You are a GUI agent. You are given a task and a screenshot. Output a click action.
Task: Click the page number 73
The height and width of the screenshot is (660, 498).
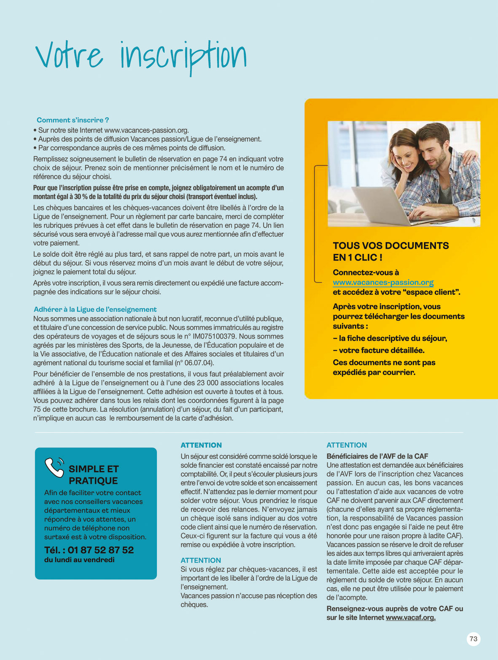[x=474, y=639]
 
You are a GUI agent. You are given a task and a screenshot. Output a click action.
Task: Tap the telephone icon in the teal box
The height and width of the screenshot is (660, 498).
[x=54, y=467]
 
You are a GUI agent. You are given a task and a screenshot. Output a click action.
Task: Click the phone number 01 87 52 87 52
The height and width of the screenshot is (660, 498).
[x=101, y=550]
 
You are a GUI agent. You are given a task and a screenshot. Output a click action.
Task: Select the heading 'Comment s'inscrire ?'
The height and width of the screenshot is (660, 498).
[x=73, y=120]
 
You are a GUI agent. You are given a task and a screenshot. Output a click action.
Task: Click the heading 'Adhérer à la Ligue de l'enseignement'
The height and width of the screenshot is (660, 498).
[x=95, y=309]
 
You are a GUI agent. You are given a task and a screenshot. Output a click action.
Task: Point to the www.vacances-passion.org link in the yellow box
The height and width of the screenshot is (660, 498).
[x=383, y=283]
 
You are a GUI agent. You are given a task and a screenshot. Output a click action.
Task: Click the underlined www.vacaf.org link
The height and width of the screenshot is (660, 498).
[x=410, y=617]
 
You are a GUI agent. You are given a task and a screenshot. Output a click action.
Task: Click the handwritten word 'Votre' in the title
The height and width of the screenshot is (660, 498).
[x=69, y=56]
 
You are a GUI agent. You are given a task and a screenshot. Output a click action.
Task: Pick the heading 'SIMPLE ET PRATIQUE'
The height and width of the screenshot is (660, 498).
[x=94, y=474]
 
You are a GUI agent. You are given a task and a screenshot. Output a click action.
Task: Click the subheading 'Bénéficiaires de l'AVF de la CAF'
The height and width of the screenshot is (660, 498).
[x=377, y=456]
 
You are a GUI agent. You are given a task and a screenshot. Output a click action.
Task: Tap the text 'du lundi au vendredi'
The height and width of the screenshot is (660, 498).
[x=79, y=560]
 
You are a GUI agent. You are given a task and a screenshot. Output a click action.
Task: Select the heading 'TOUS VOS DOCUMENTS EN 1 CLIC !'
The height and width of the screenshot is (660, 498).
[x=390, y=251]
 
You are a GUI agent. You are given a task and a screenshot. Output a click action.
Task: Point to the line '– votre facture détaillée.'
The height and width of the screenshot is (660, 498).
[x=379, y=350]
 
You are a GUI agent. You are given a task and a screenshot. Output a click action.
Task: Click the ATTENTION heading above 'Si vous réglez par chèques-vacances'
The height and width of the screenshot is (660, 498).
[x=201, y=560]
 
